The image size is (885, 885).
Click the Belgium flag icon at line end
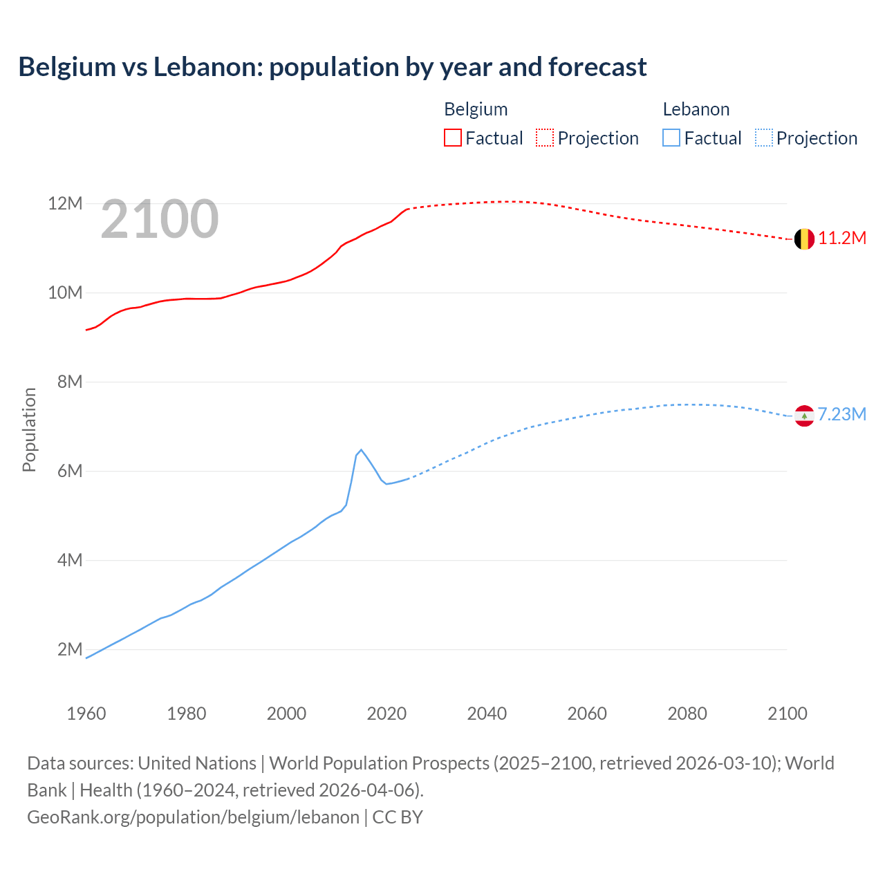click(803, 239)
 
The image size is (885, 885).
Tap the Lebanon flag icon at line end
click(803, 416)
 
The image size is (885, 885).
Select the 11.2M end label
click(842, 239)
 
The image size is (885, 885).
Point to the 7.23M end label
click(841, 414)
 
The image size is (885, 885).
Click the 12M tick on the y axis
click(65, 204)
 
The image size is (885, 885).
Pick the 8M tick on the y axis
click(70, 382)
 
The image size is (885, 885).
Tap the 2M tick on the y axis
click(70, 649)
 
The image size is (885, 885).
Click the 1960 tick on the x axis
click(86, 714)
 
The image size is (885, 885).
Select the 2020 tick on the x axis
click(386, 714)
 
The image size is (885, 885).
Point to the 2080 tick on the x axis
click(687, 714)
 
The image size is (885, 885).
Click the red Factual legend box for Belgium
click(453, 138)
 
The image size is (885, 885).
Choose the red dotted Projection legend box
click(545, 138)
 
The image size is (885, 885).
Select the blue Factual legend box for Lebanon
click(671, 138)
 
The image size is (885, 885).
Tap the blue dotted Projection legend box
click(764, 138)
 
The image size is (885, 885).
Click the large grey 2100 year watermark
click(160, 219)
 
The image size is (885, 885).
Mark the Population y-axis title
click(29, 429)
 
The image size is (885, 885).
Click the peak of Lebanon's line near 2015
click(361, 449)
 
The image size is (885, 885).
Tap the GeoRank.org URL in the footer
click(193, 817)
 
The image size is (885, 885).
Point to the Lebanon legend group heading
click(696, 109)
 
